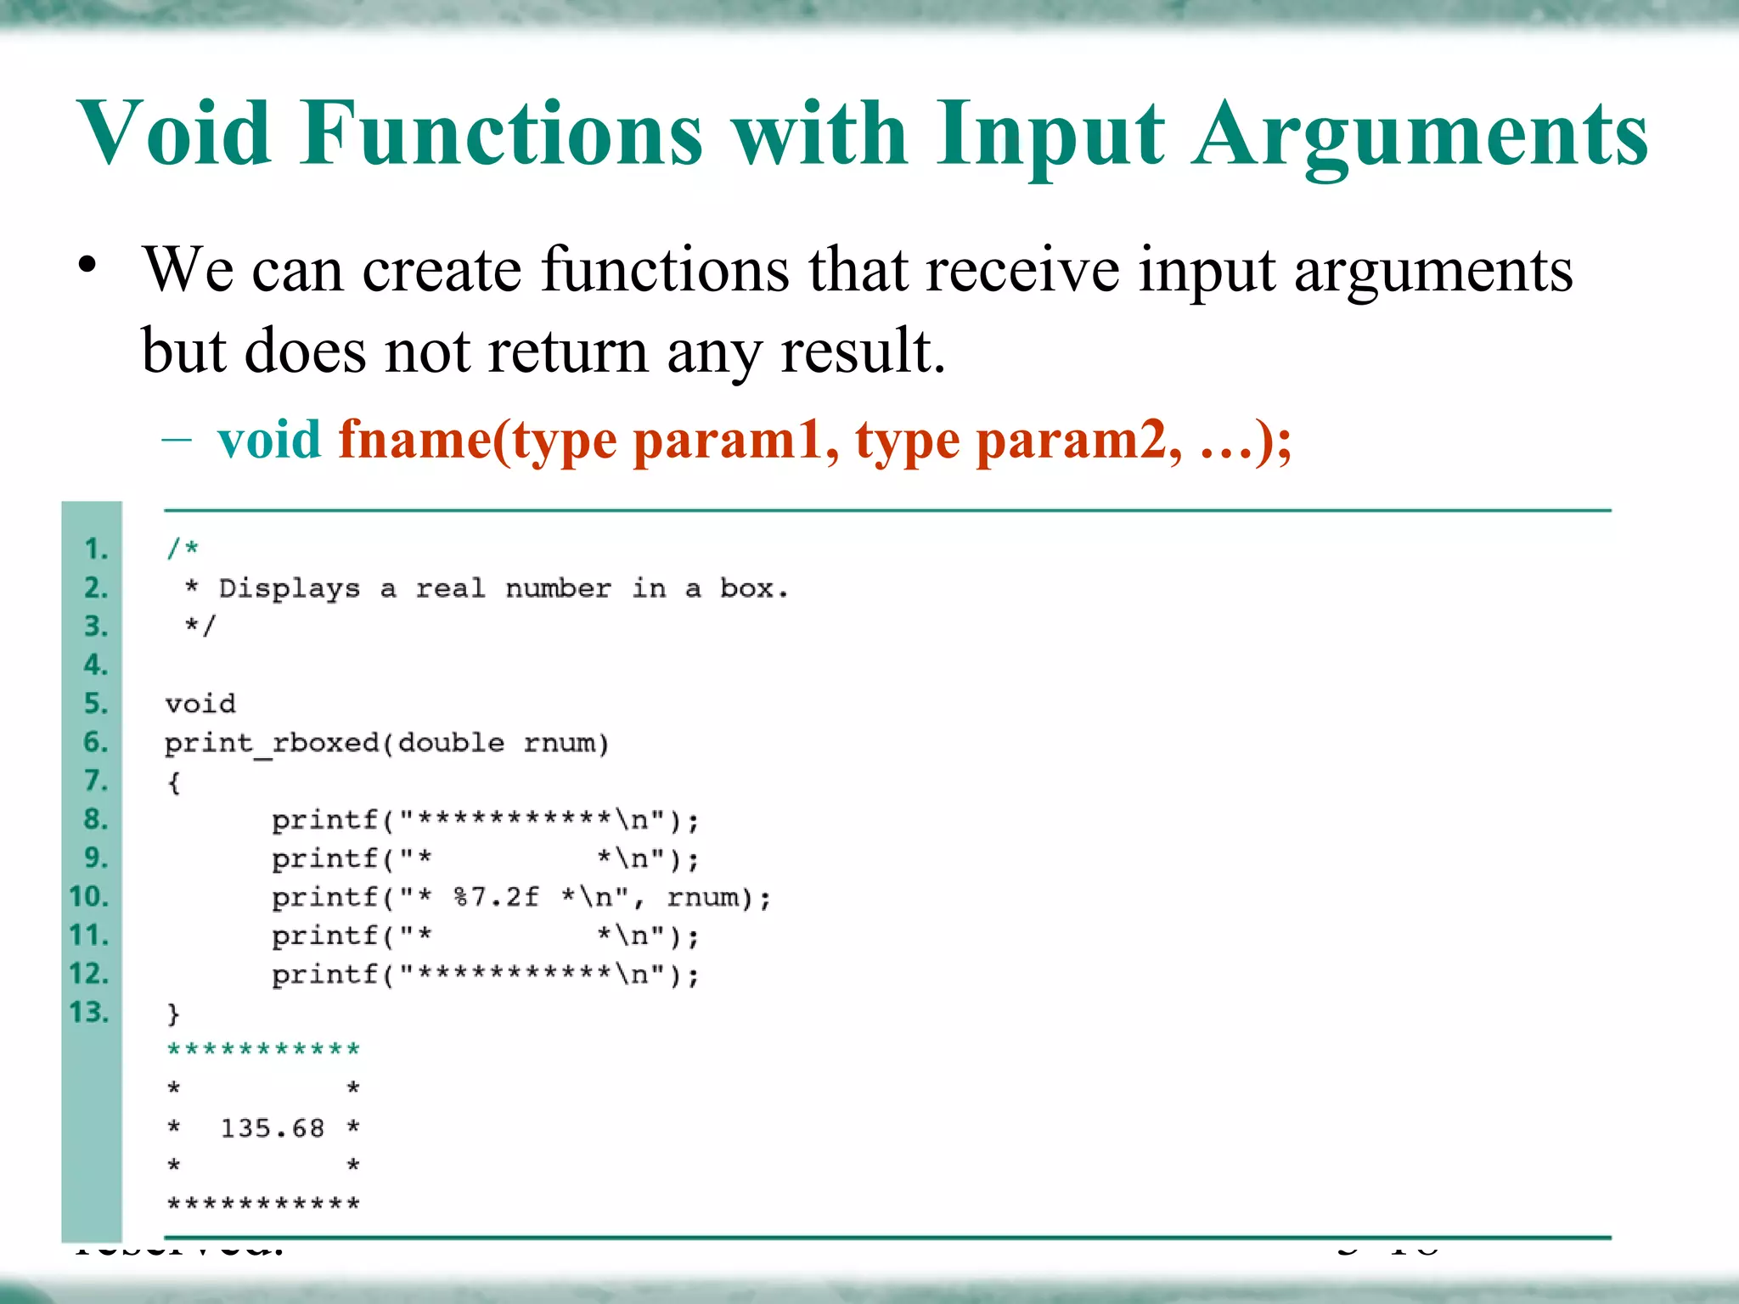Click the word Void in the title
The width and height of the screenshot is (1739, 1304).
174,134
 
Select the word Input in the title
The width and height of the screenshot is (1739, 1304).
1051,134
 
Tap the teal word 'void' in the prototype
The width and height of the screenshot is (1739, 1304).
269,440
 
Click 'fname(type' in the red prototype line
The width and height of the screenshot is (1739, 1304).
477,440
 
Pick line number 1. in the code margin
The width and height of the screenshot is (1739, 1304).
96,549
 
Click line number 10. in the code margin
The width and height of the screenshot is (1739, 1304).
89,896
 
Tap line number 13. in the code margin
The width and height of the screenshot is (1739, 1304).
89,1012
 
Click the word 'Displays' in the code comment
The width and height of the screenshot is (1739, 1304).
289,587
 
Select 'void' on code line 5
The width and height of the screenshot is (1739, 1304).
200,704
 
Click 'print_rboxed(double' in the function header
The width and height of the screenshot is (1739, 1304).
334,743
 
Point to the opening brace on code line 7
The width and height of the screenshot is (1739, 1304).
174,782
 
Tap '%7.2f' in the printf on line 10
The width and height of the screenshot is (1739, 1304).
496,897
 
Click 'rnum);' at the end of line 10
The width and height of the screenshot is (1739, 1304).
718,897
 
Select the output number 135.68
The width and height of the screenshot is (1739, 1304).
273,1128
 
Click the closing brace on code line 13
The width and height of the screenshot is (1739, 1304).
174,1014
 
